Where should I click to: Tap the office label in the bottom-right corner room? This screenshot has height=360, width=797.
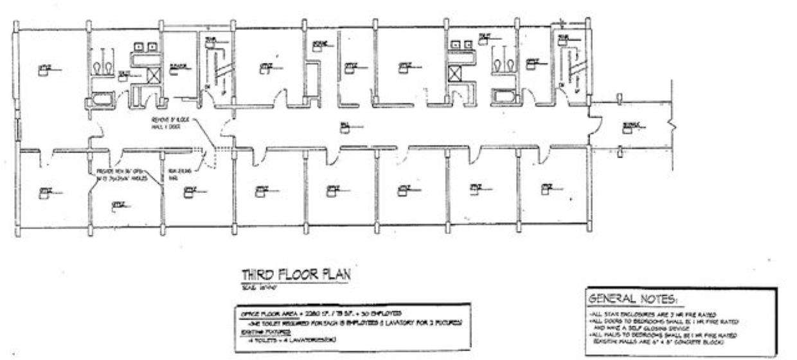(x=546, y=188)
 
